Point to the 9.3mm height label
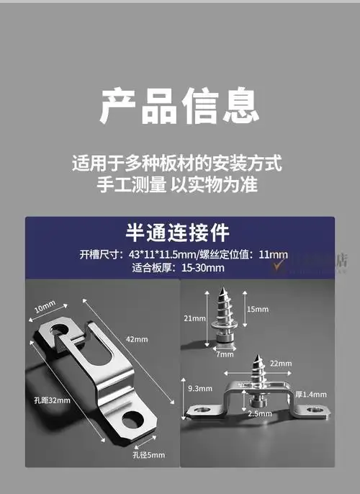coord(197,388)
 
